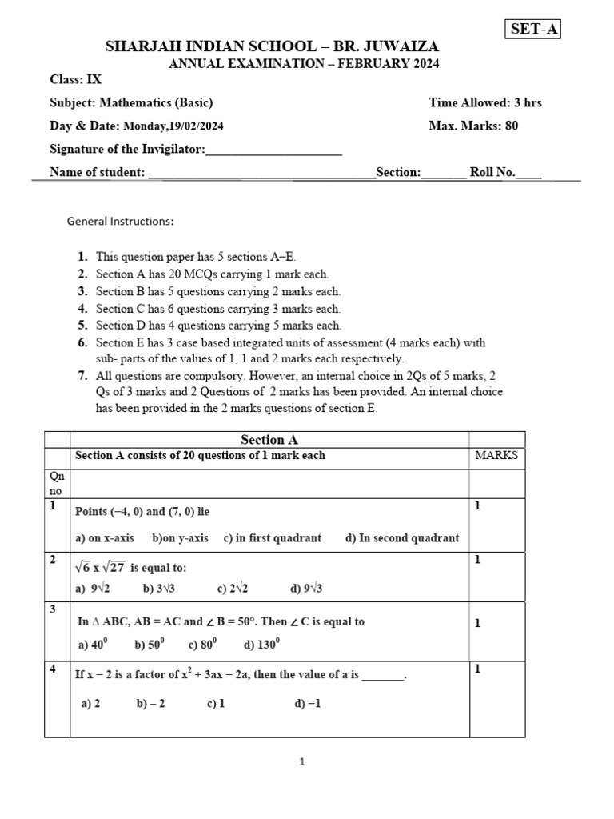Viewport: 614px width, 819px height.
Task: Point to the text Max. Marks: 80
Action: click(x=473, y=126)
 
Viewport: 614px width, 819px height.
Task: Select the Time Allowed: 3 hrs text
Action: click(x=484, y=102)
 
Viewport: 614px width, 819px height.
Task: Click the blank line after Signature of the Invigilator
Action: click(x=273, y=150)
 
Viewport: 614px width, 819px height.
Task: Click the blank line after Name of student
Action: click(x=261, y=172)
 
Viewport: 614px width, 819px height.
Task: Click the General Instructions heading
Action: click(x=120, y=221)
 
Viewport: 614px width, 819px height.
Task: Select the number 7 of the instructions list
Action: click(x=82, y=375)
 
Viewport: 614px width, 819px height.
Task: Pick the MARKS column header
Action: click(x=496, y=456)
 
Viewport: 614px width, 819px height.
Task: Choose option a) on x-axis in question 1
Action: click(x=105, y=538)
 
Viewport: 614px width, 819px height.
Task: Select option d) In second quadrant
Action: click(x=402, y=538)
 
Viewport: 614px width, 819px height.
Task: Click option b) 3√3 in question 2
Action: click(x=160, y=589)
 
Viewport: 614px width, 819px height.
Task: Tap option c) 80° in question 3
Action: click(x=204, y=645)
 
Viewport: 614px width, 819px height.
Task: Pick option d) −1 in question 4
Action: click(x=308, y=704)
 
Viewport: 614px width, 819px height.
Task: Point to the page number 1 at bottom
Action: click(x=302, y=762)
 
